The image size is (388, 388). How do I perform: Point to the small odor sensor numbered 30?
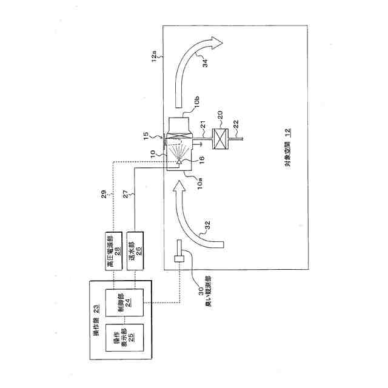pos(180,255)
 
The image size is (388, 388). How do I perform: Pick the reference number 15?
pos(154,135)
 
